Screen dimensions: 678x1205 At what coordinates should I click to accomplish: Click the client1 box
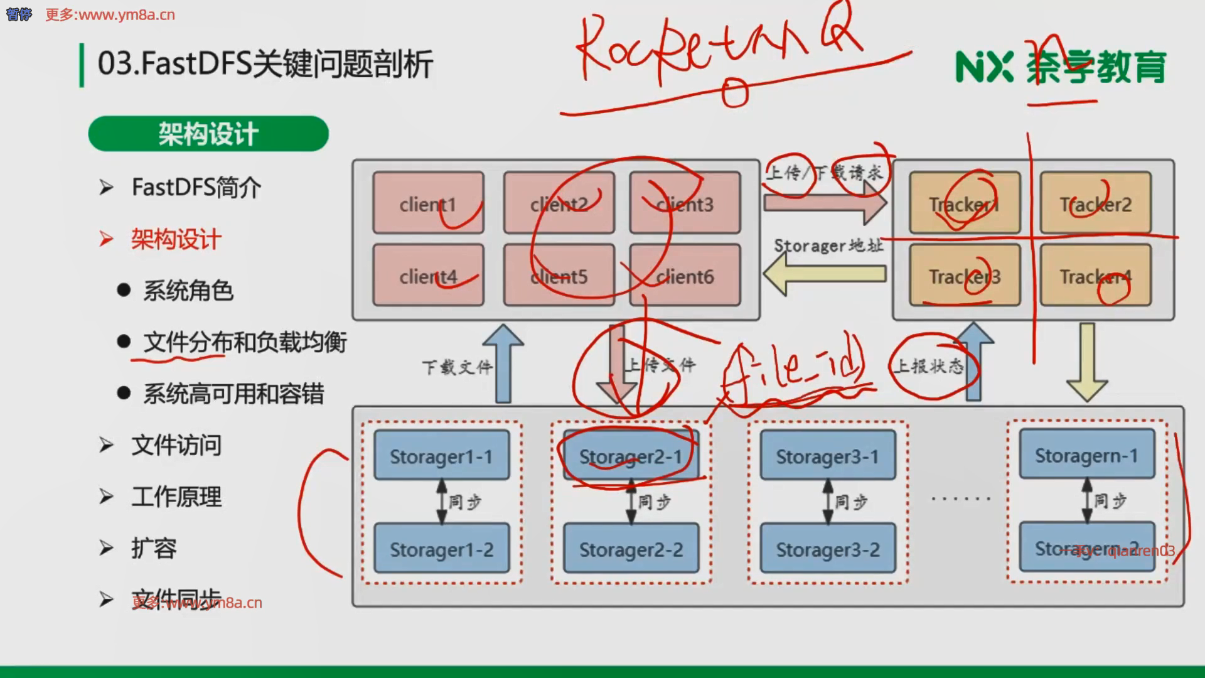coord(428,203)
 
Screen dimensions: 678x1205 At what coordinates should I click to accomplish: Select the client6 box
coord(685,276)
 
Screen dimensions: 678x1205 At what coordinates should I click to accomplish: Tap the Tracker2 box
coord(1095,203)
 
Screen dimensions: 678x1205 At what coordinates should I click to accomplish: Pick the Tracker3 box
coord(964,276)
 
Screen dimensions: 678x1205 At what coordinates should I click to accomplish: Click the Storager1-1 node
coord(441,455)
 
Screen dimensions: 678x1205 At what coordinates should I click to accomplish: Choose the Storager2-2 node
coord(631,549)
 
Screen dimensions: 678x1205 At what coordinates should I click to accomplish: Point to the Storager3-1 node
coord(827,455)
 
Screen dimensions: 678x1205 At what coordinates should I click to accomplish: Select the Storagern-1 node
coord(1086,455)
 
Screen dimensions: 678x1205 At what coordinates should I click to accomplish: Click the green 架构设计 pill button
coord(208,134)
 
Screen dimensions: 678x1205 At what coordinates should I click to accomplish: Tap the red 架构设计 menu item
coord(176,239)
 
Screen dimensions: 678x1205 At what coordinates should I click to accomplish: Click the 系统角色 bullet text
coord(188,291)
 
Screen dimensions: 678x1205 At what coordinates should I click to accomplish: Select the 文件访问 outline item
coord(176,445)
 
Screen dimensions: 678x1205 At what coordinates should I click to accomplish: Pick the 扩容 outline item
coord(154,548)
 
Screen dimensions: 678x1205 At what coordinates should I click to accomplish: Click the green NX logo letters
coord(984,67)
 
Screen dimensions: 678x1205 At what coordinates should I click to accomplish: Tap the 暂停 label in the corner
coord(18,14)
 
